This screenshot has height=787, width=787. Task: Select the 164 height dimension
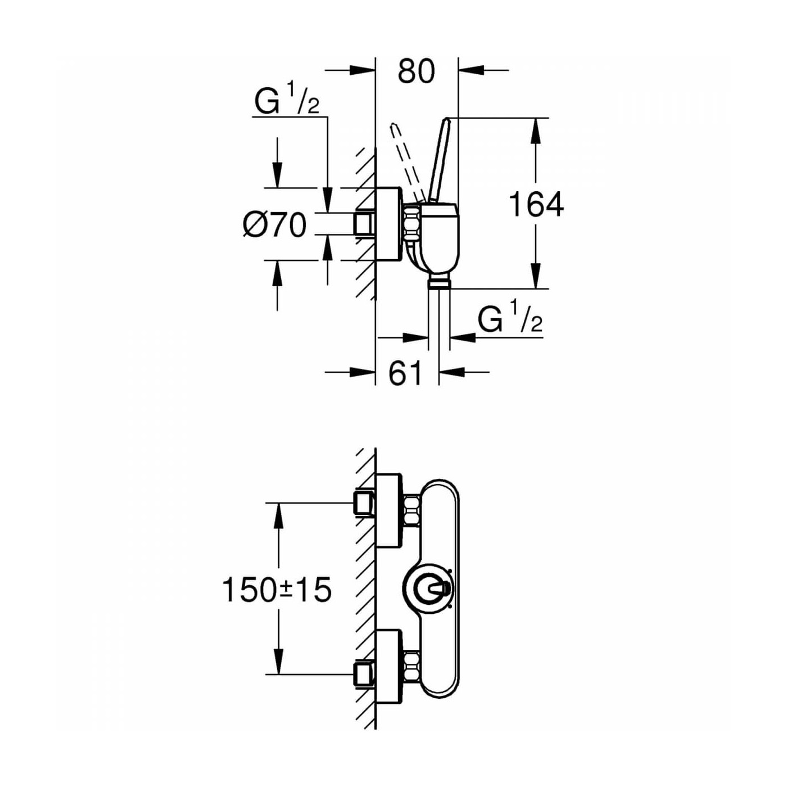tap(537, 205)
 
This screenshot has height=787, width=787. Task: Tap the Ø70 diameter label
tap(274, 225)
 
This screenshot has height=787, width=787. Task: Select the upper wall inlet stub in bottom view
tap(365, 503)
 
